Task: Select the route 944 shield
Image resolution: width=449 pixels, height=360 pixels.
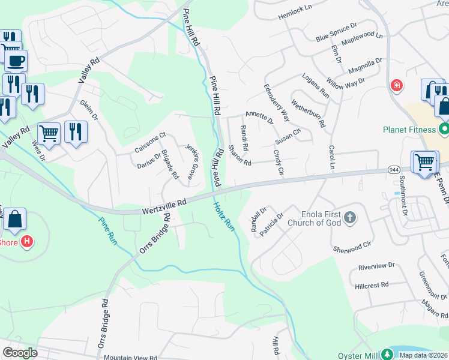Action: tap(394, 170)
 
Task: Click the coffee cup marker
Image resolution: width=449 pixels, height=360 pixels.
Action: tap(16, 59)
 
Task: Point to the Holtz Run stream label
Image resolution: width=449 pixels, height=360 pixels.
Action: tap(223, 217)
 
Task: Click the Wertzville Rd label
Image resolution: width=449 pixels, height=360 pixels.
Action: tap(166, 206)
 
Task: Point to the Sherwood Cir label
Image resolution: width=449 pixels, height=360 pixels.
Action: tap(352, 247)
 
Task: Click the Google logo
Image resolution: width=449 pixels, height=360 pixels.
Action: tap(20, 352)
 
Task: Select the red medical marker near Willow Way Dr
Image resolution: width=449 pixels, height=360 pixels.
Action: tap(396, 86)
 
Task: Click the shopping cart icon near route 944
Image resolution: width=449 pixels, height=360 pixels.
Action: tap(424, 161)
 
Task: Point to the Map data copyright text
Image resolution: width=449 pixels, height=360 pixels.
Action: tap(423, 355)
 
